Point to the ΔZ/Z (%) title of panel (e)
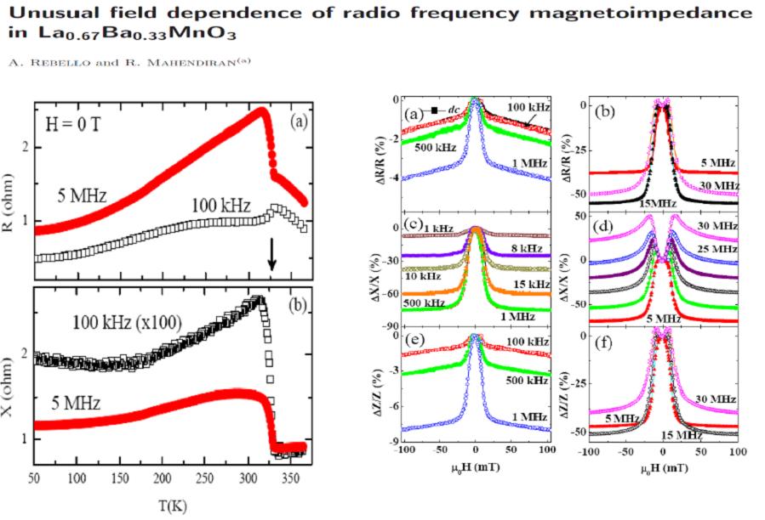pos(377,387)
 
